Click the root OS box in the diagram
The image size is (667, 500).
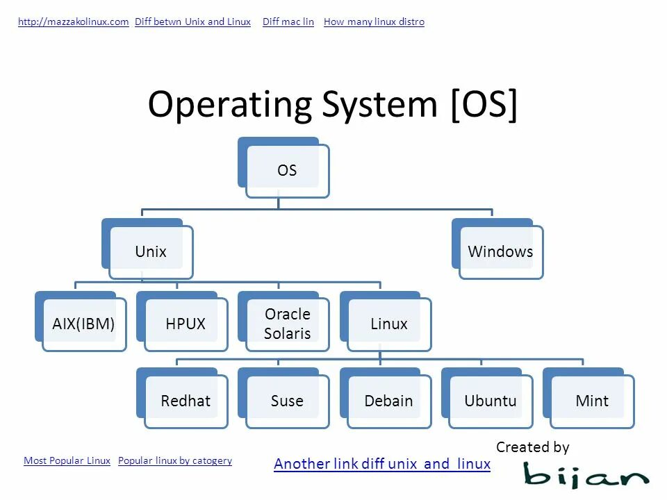pyautogui.click(x=286, y=171)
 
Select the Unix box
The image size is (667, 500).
pyautogui.click(x=151, y=251)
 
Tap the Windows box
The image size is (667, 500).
pyautogui.click(x=500, y=251)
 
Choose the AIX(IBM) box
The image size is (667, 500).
pyautogui.click(x=83, y=324)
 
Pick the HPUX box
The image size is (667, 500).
pyautogui.click(x=186, y=324)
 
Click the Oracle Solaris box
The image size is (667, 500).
pyautogui.click(x=287, y=324)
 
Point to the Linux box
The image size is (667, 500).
pyautogui.click(x=389, y=324)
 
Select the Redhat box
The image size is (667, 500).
pyautogui.click(x=186, y=401)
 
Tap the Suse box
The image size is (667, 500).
pyautogui.click(x=287, y=401)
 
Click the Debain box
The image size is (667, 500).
pyautogui.click(x=389, y=401)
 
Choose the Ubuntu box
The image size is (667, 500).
pyautogui.click(x=491, y=401)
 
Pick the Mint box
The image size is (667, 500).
pyautogui.click(x=592, y=401)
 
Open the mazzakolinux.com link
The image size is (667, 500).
pyautogui.click(x=73, y=22)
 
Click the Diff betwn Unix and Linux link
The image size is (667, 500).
pyautogui.click(x=192, y=22)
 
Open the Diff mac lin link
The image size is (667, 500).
pyautogui.click(x=288, y=22)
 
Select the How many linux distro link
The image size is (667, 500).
pyautogui.click(x=374, y=22)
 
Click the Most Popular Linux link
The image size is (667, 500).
pyautogui.click(x=67, y=460)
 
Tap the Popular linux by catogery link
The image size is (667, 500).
pyautogui.click(x=175, y=460)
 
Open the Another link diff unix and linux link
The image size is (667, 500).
pyautogui.click(x=382, y=464)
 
